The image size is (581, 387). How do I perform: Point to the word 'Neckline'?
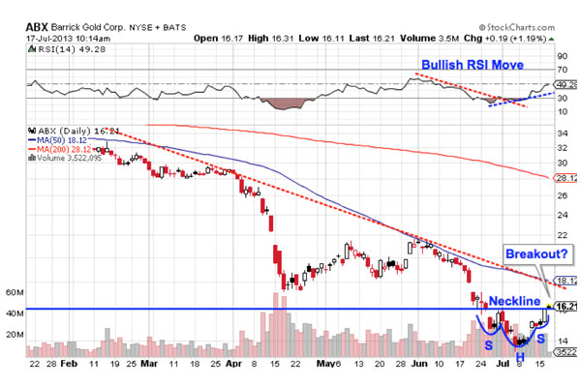514,301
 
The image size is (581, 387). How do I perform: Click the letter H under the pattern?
520,355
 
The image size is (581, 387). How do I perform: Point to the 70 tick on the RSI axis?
560,69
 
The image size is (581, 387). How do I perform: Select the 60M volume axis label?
15,291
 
